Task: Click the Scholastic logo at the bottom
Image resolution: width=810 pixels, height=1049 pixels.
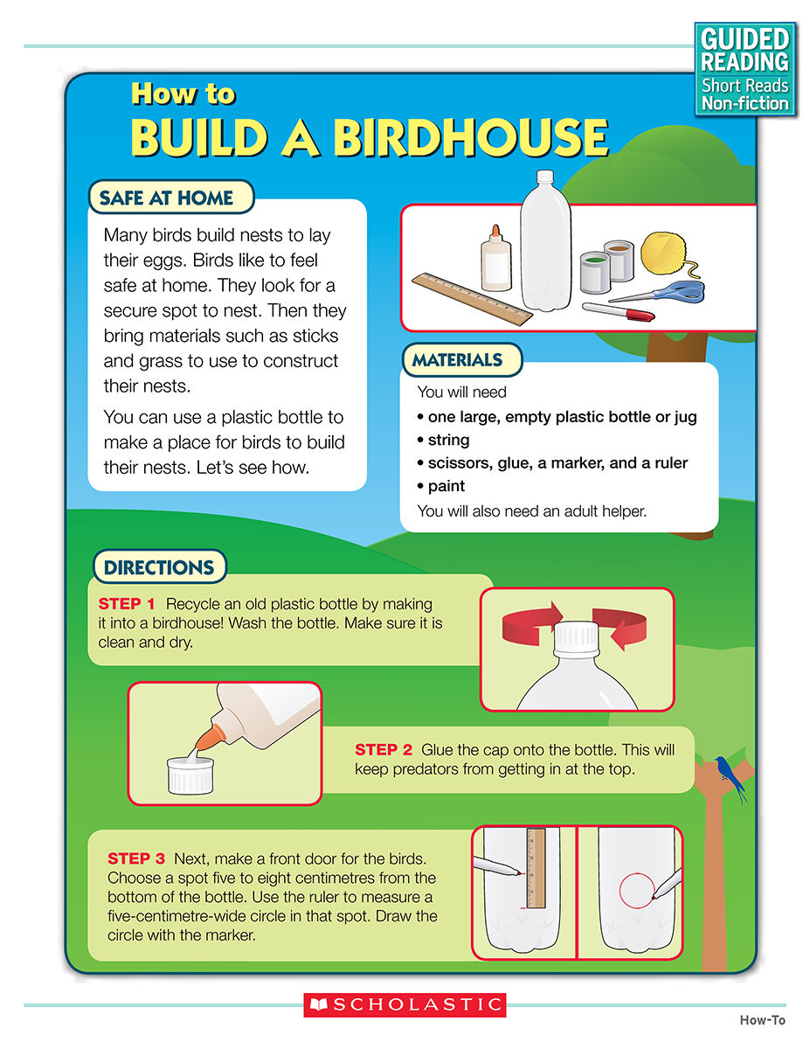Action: coord(405,1004)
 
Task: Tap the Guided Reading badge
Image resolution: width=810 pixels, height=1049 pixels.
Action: coord(744,69)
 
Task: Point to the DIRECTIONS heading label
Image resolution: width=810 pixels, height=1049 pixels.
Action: coord(159,566)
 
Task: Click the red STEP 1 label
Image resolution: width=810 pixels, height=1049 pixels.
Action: coord(127,603)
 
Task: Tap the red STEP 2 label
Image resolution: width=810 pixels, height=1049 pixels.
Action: coord(383,749)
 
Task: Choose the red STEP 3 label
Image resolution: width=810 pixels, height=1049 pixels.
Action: coord(136,858)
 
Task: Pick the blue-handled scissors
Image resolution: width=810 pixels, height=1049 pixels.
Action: coord(659,292)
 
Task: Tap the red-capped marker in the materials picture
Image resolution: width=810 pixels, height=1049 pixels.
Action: coord(619,311)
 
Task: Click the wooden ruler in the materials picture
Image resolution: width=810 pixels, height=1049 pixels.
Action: coord(472,299)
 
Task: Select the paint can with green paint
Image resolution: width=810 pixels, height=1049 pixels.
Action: coord(595,272)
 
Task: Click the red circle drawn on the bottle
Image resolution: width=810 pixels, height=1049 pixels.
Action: coord(637,890)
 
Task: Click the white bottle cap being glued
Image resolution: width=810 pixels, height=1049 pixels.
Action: coord(190,775)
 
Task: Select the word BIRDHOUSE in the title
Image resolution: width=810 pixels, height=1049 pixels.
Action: coord(470,137)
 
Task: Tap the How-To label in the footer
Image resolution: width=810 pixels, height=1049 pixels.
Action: coord(763,1020)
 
